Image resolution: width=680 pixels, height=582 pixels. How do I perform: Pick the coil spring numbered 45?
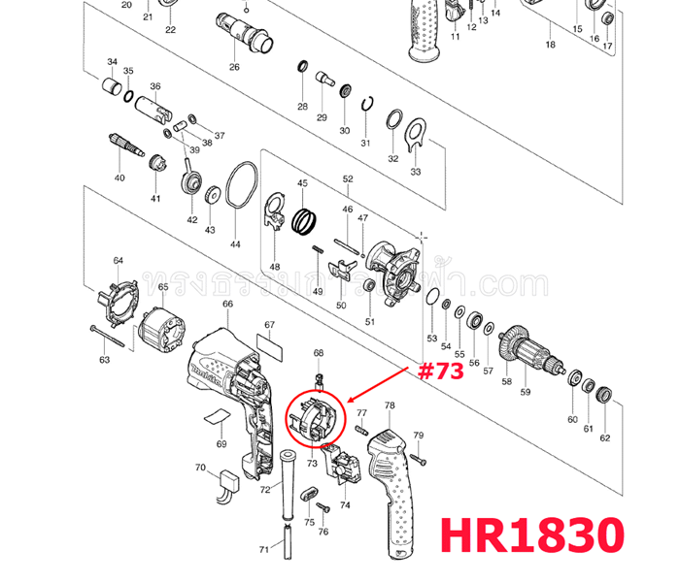coord(306,220)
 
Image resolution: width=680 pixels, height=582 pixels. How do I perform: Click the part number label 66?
coord(226,304)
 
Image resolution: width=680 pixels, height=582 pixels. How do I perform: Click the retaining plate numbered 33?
coord(415,134)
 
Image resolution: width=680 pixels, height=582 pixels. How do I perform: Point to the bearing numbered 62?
coord(604,394)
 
